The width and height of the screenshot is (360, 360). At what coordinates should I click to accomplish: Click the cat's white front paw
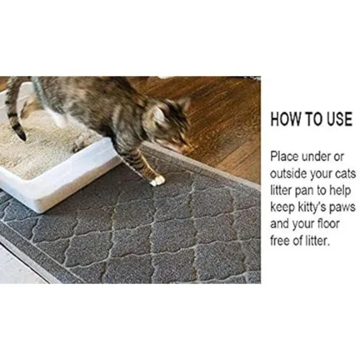(157, 181)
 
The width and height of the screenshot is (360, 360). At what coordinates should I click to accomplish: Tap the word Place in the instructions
(284, 157)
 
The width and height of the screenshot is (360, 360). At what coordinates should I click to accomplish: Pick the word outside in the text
(289, 174)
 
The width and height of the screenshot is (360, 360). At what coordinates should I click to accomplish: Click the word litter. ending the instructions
(318, 241)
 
